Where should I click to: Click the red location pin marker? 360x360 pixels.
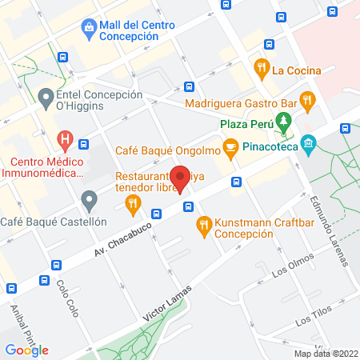[180, 178]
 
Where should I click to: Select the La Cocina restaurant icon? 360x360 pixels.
[261, 69]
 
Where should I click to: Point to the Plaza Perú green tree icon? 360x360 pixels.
[282, 123]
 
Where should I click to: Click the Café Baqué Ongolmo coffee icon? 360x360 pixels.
[230, 147]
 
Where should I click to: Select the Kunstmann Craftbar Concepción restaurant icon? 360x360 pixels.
[203, 226]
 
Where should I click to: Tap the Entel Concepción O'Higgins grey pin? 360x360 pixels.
[45, 98]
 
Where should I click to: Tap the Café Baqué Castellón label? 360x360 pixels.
[54, 221]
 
